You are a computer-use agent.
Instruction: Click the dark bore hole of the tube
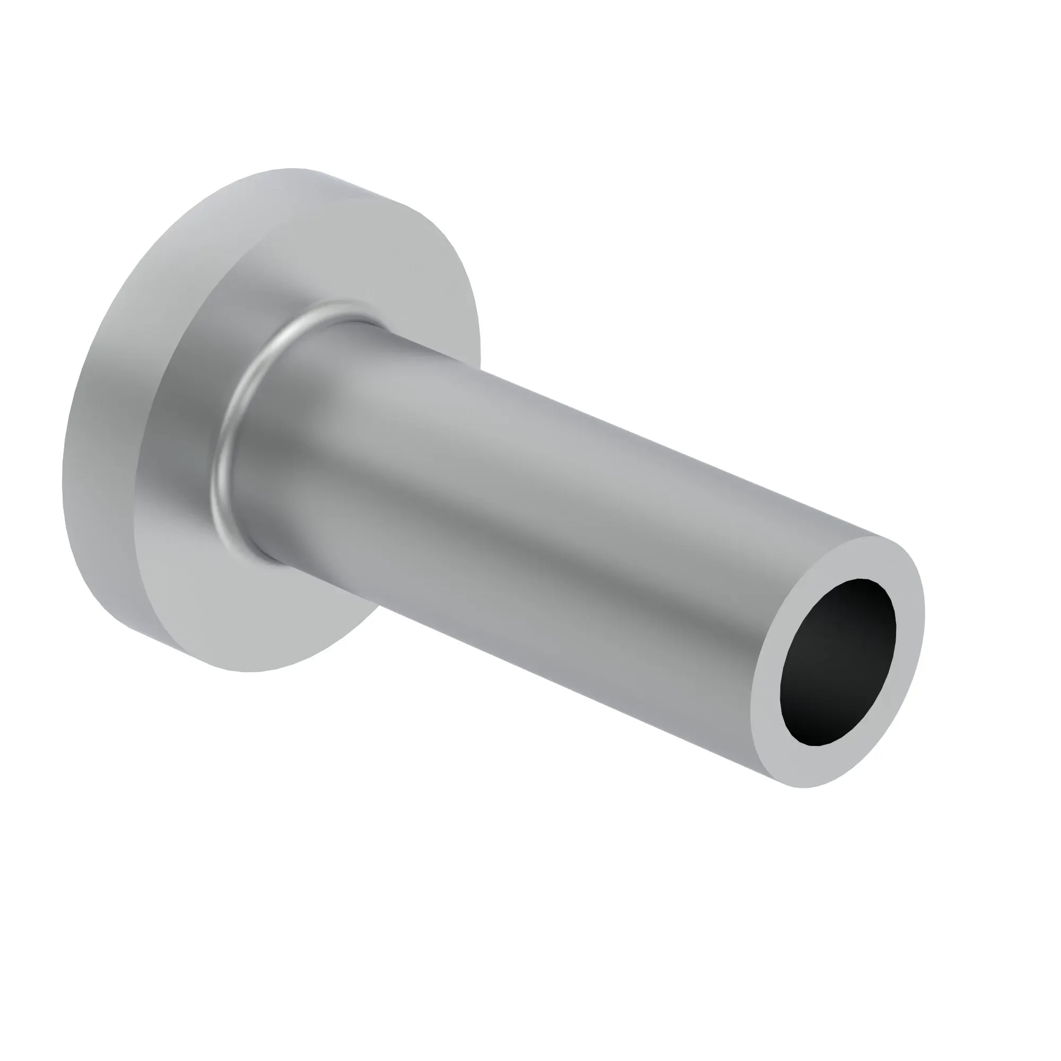coord(837,662)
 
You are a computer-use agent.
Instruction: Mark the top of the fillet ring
coord(335,306)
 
